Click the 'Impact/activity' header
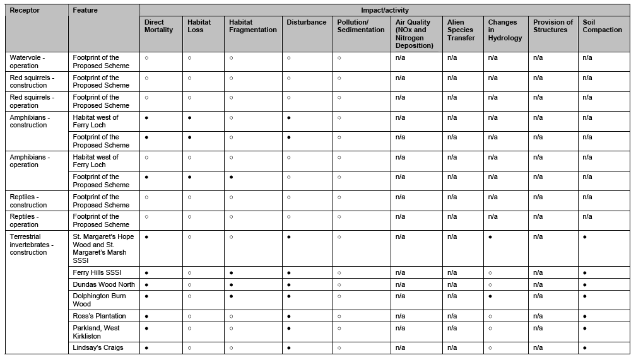click(384, 11)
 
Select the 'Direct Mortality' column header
click(158, 26)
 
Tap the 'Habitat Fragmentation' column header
click(252, 26)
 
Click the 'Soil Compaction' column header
click(602, 26)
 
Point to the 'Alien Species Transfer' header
click(461, 30)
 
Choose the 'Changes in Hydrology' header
click(505, 30)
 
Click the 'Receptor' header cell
click(25, 11)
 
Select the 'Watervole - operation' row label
click(27, 61)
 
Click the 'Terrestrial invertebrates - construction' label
click(32, 245)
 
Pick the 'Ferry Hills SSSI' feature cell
click(97, 273)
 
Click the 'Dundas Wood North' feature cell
click(103, 285)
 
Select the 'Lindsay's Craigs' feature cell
click(98, 348)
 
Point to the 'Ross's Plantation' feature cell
click(99, 316)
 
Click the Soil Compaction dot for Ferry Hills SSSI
click(585, 273)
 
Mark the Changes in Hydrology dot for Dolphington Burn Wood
click(490, 296)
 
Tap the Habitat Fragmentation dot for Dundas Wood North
click(231, 285)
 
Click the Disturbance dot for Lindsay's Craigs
click(288, 348)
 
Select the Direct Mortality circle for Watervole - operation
click(146, 58)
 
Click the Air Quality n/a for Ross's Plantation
click(400, 316)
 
